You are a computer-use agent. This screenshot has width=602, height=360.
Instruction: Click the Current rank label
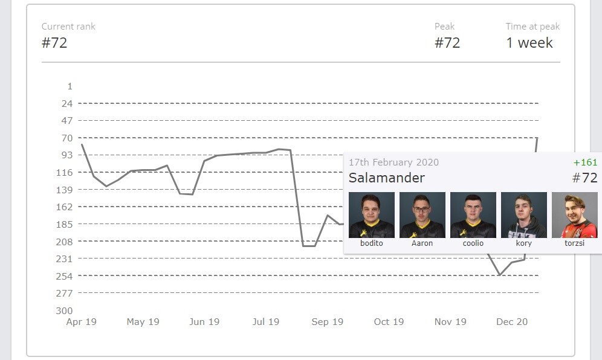coord(68,27)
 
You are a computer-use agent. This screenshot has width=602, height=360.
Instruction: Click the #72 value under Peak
coord(447,43)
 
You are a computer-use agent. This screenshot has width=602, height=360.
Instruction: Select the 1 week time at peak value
coord(529,43)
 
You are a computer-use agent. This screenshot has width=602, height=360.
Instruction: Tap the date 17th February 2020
coord(393,162)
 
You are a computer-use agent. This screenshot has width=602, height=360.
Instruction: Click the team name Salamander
coord(387,178)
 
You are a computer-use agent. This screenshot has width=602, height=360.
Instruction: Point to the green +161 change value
coord(585,162)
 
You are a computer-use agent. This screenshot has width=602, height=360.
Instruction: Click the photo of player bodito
coord(372,215)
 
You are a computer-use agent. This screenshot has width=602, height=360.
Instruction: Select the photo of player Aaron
coord(422,215)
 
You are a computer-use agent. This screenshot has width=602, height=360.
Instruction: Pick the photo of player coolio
coord(473,215)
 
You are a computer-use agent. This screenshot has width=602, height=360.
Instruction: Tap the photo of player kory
coord(524,215)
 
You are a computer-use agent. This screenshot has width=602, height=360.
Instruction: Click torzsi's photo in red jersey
coord(575,215)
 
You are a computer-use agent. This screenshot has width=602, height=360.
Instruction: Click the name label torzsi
coord(575,243)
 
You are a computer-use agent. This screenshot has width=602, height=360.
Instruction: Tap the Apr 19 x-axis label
coord(82,322)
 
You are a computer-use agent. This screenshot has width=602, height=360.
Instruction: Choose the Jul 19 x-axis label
coord(265,322)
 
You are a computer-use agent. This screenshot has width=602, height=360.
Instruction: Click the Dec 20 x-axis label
coord(512,322)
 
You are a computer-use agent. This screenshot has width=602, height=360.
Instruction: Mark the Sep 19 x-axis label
coord(328,322)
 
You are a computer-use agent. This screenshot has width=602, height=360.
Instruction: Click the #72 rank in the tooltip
coord(584,178)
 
